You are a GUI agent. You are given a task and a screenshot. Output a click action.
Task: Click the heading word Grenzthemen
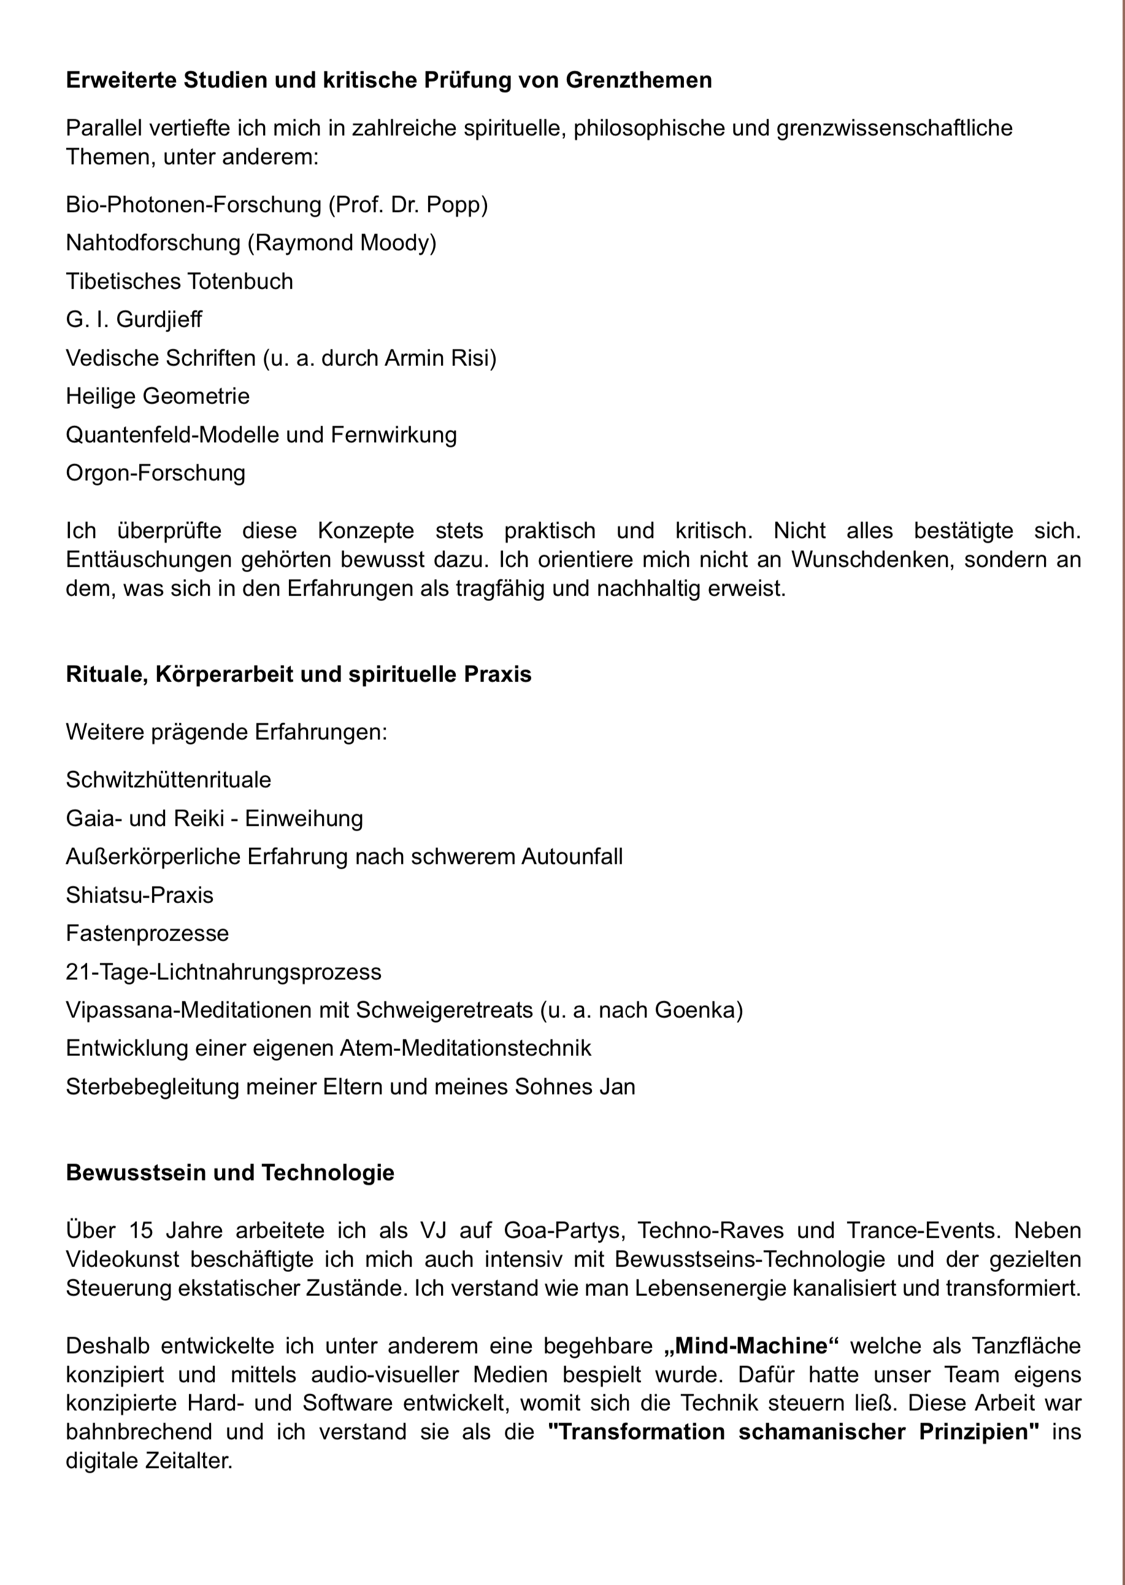point(638,80)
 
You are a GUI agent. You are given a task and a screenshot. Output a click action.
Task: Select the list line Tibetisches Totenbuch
point(179,281)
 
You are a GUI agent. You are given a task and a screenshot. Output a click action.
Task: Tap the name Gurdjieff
point(159,319)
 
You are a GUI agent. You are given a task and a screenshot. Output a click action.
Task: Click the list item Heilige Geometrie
point(157,397)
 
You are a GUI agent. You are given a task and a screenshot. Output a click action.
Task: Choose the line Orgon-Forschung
point(155,473)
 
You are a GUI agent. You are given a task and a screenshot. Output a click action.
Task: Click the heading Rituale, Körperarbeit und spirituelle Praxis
point(299,675)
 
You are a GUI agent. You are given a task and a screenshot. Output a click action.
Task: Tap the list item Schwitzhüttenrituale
point(168,780)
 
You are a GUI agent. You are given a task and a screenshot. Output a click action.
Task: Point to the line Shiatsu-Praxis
point(139,896)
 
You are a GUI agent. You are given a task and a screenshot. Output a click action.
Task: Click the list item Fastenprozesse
point(147,934)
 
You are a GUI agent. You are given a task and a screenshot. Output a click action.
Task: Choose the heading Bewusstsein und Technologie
point(230,1172)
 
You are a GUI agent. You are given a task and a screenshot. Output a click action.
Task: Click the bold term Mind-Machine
point(751,1346)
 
